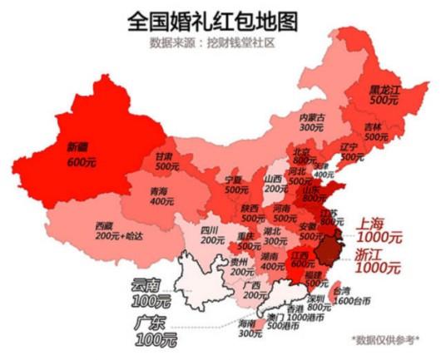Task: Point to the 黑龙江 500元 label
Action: coord(385,92)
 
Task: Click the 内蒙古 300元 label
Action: coord(311,122)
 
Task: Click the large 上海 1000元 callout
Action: coord(379,230)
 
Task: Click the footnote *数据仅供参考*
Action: coord(384,338)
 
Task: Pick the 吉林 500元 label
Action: coord(375,131)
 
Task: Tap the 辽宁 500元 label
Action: coord(351,151)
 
